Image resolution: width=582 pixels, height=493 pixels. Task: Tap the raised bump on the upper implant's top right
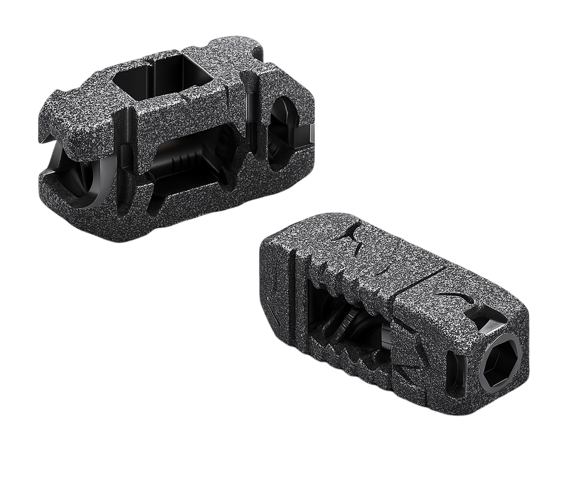pyautogui.click(x=239, y=44)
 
